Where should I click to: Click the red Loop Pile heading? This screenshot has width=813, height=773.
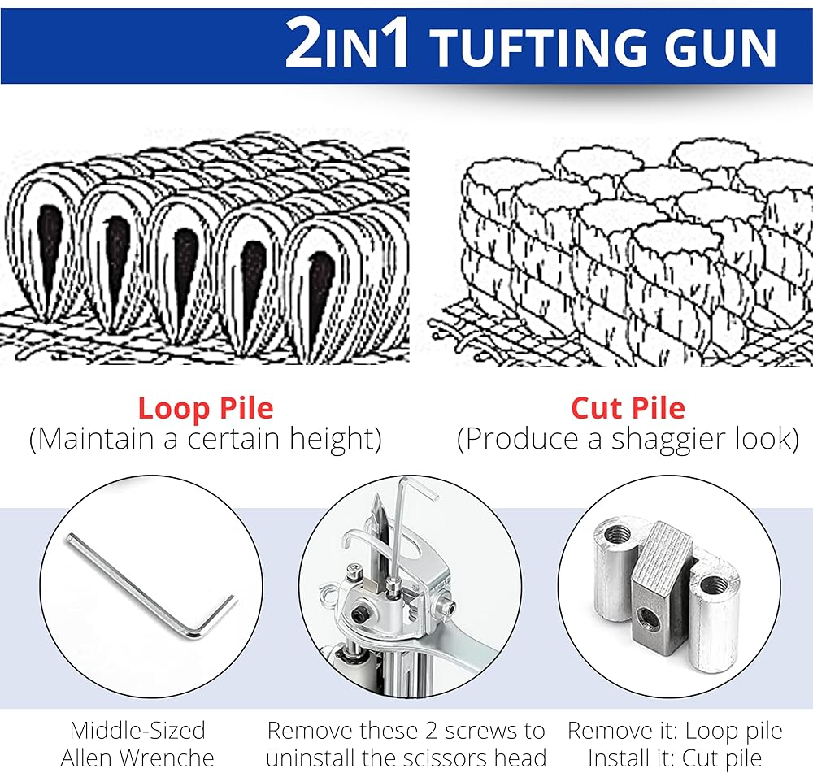[x=206, y=408]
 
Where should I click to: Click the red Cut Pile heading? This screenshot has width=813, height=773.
[x=628, y=408]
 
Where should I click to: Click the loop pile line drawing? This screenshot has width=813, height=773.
[x=204, y=249]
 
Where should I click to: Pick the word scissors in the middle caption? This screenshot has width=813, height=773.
[x=445, y=758]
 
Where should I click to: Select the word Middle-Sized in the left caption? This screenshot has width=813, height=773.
[x=137, y=731]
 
